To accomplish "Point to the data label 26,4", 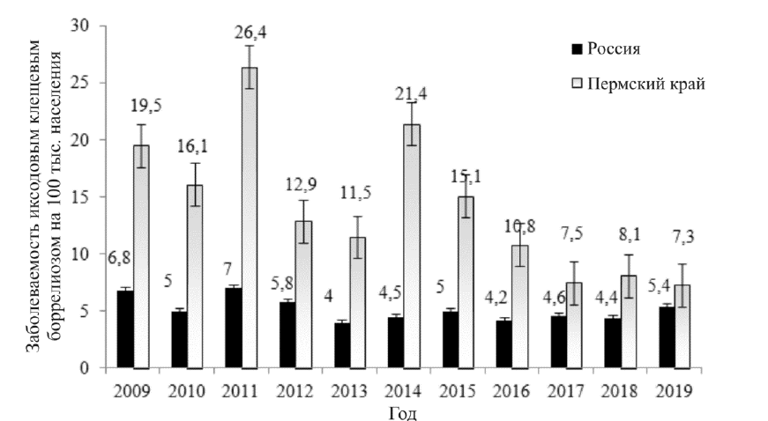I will [250, 33].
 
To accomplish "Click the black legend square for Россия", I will [578, 48].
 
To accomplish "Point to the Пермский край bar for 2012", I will [302, 294].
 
